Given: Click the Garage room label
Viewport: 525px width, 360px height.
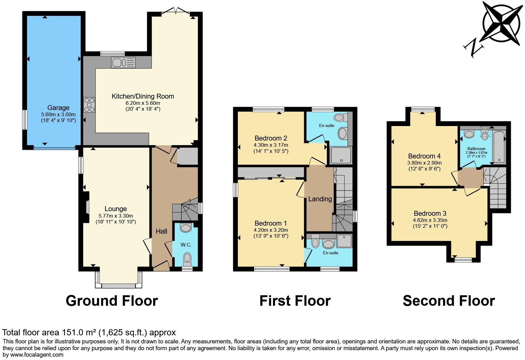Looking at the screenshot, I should (58, 108).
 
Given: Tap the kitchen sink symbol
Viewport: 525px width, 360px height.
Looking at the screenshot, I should (123, 63).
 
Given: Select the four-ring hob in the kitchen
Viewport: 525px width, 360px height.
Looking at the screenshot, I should (89, 105).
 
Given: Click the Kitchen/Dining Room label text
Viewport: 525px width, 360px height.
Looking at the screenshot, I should (143, 96).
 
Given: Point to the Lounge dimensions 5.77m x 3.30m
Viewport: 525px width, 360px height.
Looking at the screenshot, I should (116, 216).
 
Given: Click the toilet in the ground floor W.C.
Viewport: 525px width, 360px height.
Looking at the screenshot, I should (187, 259).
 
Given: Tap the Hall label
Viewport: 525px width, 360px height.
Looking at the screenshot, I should (161, 231).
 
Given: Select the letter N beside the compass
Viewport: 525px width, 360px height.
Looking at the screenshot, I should (474, 48).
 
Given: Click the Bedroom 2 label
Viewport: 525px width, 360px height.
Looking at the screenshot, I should (271, 138).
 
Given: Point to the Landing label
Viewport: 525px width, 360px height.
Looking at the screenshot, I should (320, 199).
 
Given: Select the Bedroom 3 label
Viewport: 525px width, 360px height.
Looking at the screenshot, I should (430, 213).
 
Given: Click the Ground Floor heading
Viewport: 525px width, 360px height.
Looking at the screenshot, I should (112, 301).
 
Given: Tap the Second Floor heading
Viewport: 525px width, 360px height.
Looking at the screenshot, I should (449, 301).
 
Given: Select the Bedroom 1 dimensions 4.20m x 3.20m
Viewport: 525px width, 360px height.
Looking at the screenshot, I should (271, 230).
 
